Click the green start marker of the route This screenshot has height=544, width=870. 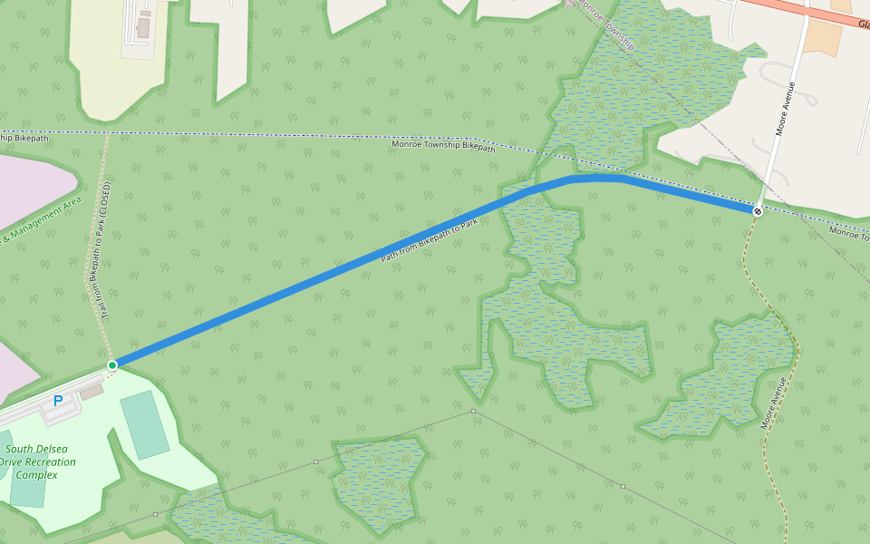pyautogui.click(x=112, y=365)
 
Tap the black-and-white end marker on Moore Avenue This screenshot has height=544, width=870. pyautogui.click(x=757, y=210)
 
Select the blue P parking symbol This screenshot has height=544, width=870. pyautogui.click(x=58, y=400)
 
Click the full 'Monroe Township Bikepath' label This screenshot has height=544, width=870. pyautogui.click(x=443, y=145)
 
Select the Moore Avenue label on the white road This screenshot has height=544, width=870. pyautogui.click(x=785, y=109)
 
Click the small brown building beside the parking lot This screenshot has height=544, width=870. pyautogui.click(x=92, y=392)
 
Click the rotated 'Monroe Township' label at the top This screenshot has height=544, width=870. pyautogui.click(x=606, y=24)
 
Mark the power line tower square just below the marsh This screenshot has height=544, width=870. pyautogui.click(x=473, y=412)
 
